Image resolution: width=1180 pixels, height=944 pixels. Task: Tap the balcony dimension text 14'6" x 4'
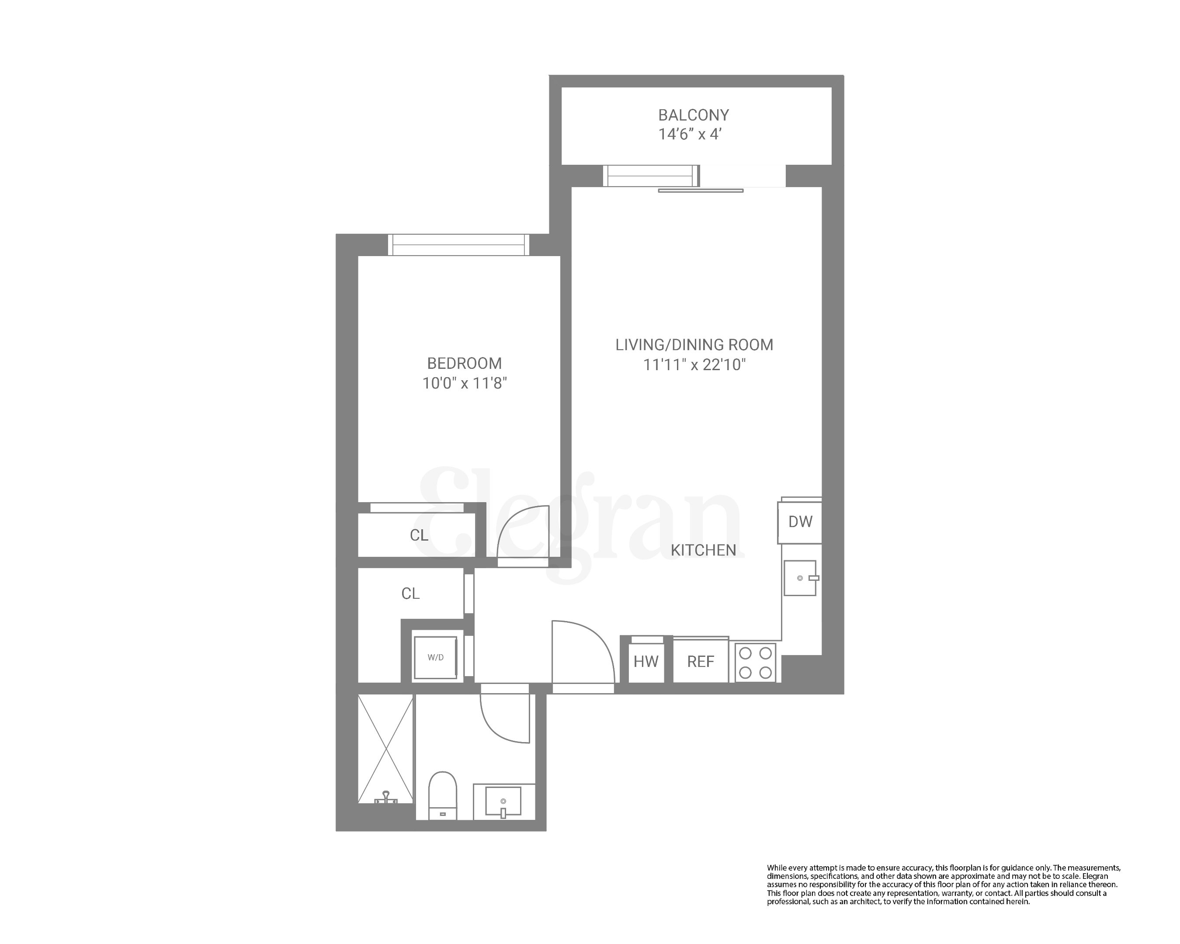coord(690,134)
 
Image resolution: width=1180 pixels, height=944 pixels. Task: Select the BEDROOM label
coord(464,363)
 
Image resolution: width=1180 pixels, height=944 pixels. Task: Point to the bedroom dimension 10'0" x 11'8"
coord(464,383)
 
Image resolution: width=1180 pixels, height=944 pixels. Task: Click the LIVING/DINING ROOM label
coord(694,345)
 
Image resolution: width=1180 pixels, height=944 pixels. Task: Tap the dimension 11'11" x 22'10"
coord(694,364)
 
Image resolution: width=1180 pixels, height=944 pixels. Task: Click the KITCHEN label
coord(703,550)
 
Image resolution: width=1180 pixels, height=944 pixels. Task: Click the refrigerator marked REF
coord(700,662)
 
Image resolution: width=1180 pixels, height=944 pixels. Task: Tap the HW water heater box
coord(646,662)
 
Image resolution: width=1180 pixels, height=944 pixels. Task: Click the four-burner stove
coord(755,662)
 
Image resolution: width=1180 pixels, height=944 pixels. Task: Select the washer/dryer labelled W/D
coord(435,657)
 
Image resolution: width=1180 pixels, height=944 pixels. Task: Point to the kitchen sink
coord(800,578)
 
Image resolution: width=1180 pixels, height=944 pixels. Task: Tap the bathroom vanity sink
coord(503,802)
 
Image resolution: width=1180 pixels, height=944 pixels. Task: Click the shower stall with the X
coord(385,749)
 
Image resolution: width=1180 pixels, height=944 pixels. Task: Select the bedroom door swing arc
coord(520,534)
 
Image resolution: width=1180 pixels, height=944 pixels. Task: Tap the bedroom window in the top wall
coord(458,245)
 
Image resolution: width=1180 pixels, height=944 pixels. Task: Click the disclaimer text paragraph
coord(943,885)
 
